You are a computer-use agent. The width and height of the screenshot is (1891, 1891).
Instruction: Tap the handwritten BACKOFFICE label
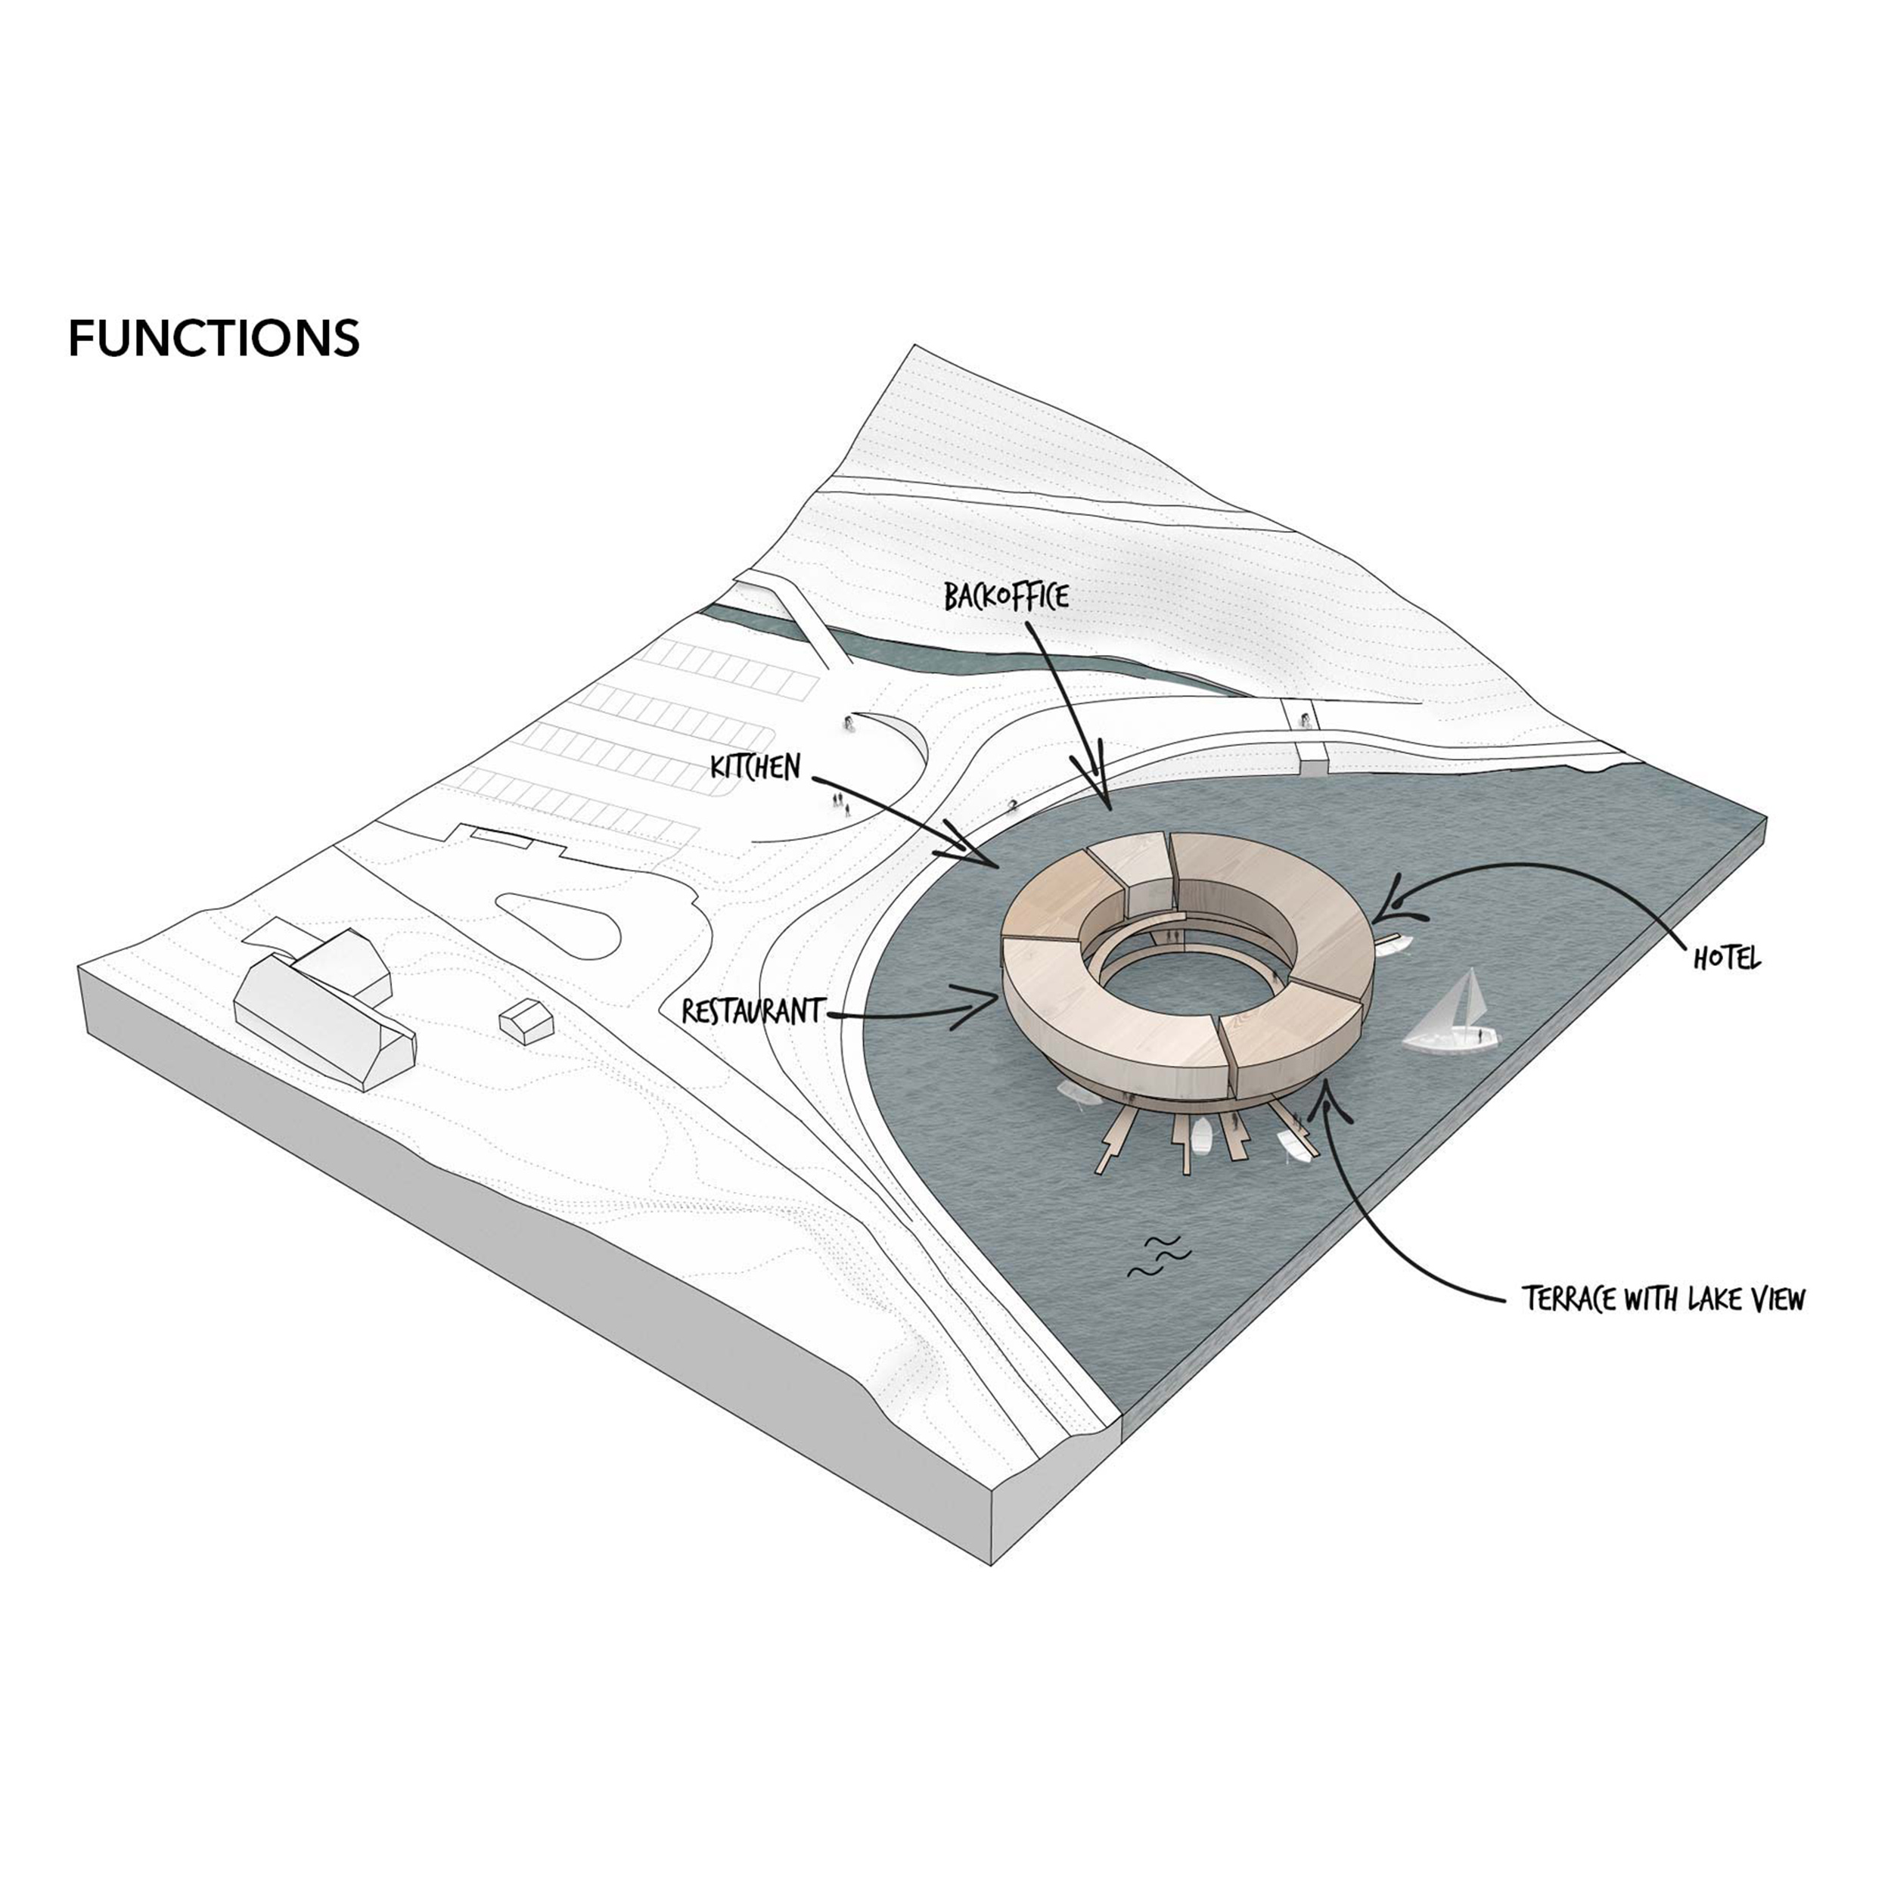click(x=1005, y=596)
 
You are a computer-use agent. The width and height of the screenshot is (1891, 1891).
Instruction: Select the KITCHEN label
click(x=756, y=766)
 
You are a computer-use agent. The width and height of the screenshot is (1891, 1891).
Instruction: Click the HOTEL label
click(x=1727, y=958)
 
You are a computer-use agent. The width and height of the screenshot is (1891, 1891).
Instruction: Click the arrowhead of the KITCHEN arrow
click(x=989, y=862)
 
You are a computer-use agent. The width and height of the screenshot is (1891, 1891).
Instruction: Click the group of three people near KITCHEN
click(x=840, y=803)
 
